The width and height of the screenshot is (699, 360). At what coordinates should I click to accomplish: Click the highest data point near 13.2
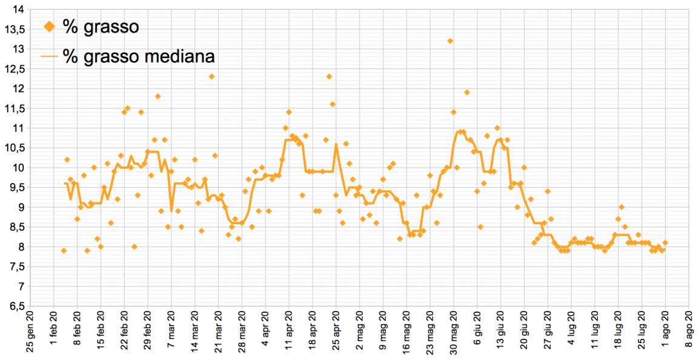(x=450, y=41)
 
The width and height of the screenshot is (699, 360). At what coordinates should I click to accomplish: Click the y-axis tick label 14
(x=18, y=9)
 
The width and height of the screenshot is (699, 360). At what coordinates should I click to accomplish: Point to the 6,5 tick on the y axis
(x=16, y=306)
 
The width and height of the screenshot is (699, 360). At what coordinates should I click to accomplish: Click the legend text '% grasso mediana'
(x=139, y=56)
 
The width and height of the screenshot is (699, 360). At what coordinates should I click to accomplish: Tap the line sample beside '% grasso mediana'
(x=50, y=56)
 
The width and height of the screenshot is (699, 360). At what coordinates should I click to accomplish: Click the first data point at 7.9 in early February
(x=64, y=250)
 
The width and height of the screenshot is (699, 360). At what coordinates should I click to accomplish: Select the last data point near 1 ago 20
(x=665, y=242)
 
